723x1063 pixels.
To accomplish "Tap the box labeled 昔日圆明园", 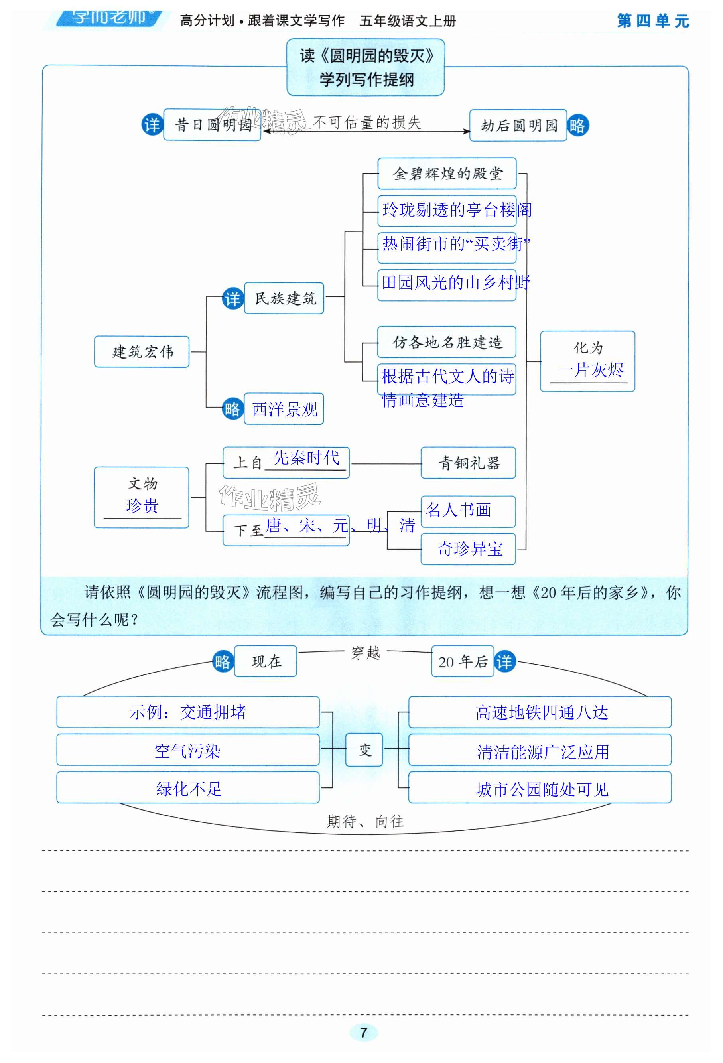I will (x=212, y=124).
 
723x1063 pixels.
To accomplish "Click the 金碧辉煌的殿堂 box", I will (x=447, y=174).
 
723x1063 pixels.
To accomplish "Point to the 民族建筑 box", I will (x=284, y=298).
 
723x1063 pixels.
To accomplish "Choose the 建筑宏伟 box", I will (x=142, y=352).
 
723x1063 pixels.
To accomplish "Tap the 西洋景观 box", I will (x=284, y=409).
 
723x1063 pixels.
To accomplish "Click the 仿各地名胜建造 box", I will (x=446, y=342).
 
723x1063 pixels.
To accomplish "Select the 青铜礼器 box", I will (x=468, y=463).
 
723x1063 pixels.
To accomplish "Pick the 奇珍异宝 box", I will (x=468, y=549).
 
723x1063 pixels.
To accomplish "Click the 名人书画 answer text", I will (x=458, y=509).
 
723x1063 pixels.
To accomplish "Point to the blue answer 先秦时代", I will (x=306, y=458).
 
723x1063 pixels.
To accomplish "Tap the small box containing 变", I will (x=364, y=749).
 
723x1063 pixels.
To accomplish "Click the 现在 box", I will (x=266, y=661).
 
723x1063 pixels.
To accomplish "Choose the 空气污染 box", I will (x=187, y=750).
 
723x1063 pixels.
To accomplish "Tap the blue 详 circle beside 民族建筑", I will (x=232, y=298).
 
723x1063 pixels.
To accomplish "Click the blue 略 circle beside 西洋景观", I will (x=232, y=409).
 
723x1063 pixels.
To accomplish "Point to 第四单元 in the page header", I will (x=652, y=21).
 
